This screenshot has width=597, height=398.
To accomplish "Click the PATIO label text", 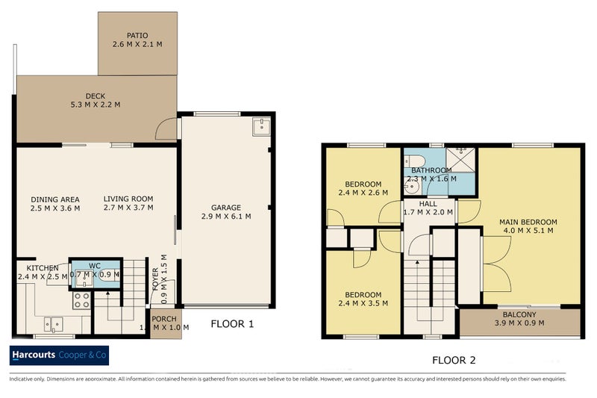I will tap(137, 34).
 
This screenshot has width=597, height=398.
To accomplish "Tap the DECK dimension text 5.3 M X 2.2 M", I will tap(95, 105).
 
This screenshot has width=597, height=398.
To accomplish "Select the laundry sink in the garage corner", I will tap(260, 128).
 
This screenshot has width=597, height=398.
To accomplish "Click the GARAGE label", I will tap(225, 208).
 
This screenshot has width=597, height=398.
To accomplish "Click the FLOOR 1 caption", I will tap(232, 324).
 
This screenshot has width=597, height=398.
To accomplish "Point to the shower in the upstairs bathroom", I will tap(460, 159).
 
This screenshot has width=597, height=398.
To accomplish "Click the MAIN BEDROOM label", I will tap(528, 222).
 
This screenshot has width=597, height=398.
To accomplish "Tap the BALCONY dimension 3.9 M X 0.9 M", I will tap(519, 323).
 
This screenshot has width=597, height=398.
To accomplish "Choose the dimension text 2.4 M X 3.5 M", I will tap(363, 304).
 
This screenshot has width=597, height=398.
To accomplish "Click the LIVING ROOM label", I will tap(128, 199).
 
